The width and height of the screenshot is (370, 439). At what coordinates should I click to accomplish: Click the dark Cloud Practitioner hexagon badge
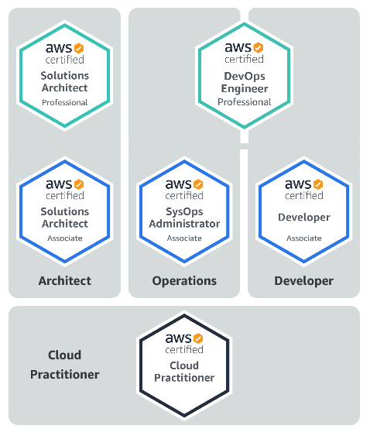click(184, 364)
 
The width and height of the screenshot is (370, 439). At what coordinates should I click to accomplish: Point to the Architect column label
click(65, 281)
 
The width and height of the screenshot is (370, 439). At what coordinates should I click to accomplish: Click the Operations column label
click(184, 281)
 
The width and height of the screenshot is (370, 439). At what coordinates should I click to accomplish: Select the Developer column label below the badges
click(303, 281)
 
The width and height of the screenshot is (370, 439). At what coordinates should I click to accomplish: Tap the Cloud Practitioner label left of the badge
click(65, 365)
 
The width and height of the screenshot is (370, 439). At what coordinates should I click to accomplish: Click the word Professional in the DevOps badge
click(245, 102)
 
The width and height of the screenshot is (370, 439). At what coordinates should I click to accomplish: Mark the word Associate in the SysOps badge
click(184, 238)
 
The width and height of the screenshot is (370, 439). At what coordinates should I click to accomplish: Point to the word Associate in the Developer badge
click(303, 238)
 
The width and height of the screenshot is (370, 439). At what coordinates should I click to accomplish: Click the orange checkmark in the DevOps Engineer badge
click(258, 47)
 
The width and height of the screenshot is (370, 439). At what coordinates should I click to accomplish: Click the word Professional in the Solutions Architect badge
click(64, 102)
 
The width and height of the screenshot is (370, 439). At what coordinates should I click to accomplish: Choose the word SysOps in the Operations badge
click(184, 211)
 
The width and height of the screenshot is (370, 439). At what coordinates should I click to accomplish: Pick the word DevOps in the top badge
click(245, 76)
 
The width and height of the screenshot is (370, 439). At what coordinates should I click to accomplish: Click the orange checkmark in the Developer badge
click(317, 184)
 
